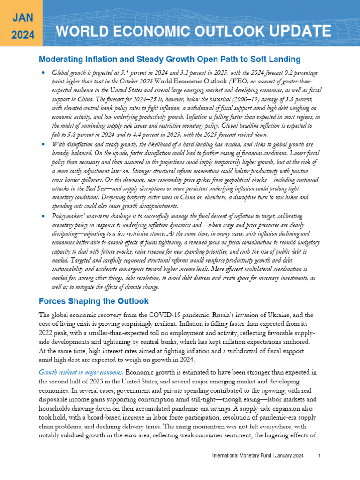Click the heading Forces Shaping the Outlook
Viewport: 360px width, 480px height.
tap(93, 300)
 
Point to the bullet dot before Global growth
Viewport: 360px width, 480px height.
tap(42, 73)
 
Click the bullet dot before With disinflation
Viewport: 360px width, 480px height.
tap(42, 145)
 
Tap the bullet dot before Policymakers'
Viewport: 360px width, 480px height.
tap(42, 216)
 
